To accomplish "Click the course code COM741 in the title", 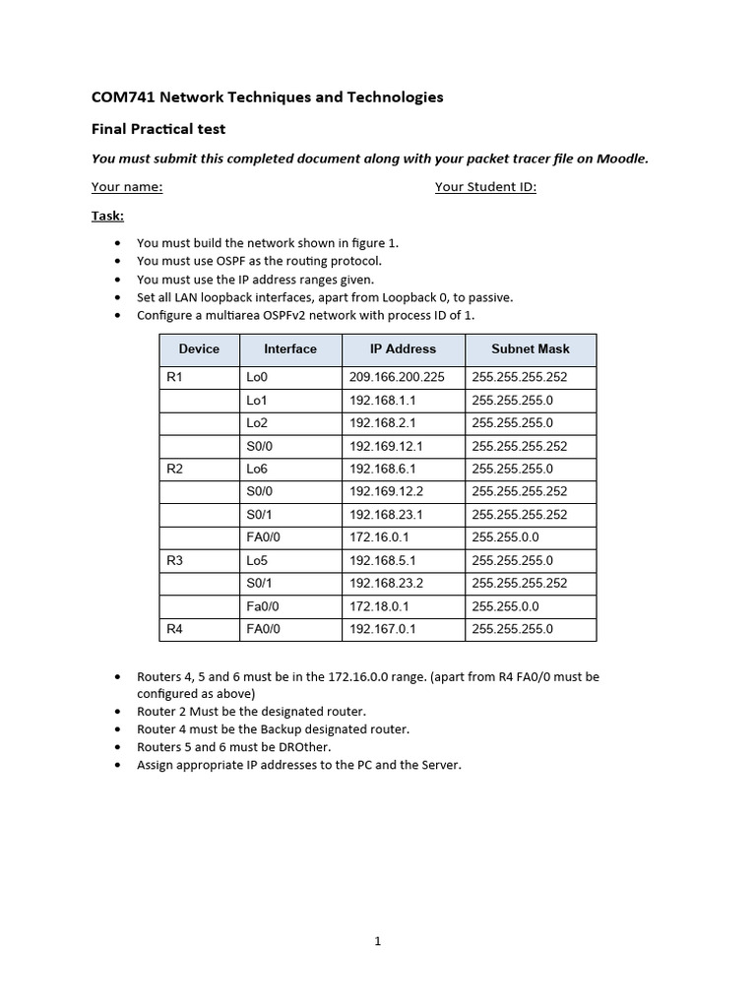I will tap(123, 97).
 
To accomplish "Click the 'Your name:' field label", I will tap(127, 187).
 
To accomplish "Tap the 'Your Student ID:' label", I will tap(485, 187).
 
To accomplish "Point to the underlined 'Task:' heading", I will tap(107, 216).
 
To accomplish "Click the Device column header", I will tap(199, 348).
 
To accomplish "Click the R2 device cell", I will tap(174, 469).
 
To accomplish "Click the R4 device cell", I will tap(174, 628).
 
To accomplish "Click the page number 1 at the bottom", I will tap(378, 941).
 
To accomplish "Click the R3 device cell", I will tap(174, 560).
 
